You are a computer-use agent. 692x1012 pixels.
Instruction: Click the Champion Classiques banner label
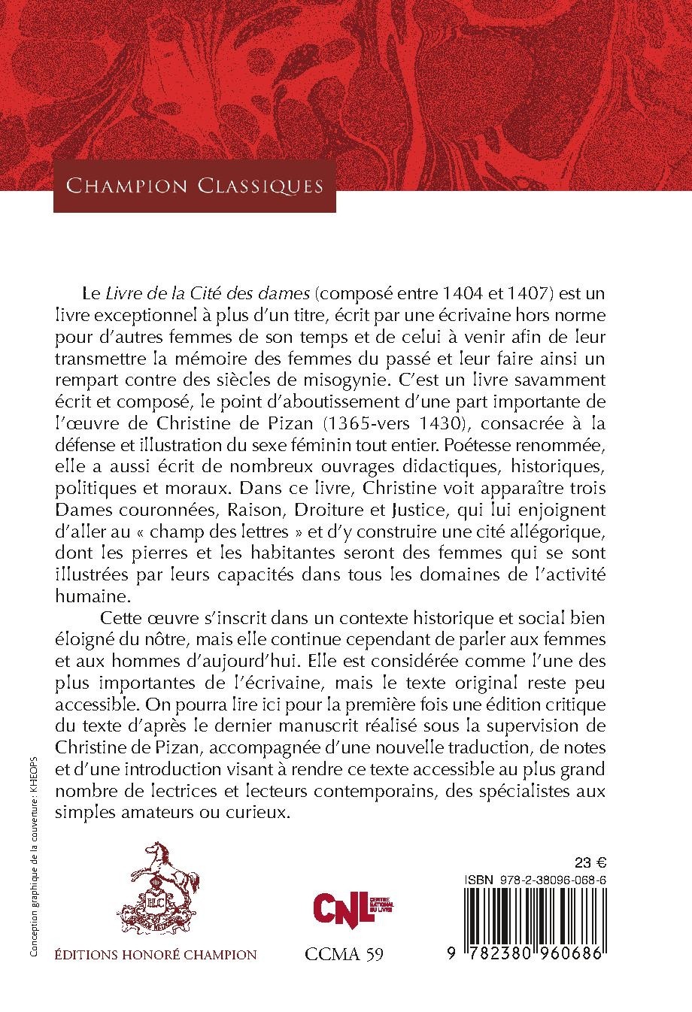click(x=195, y=185)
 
